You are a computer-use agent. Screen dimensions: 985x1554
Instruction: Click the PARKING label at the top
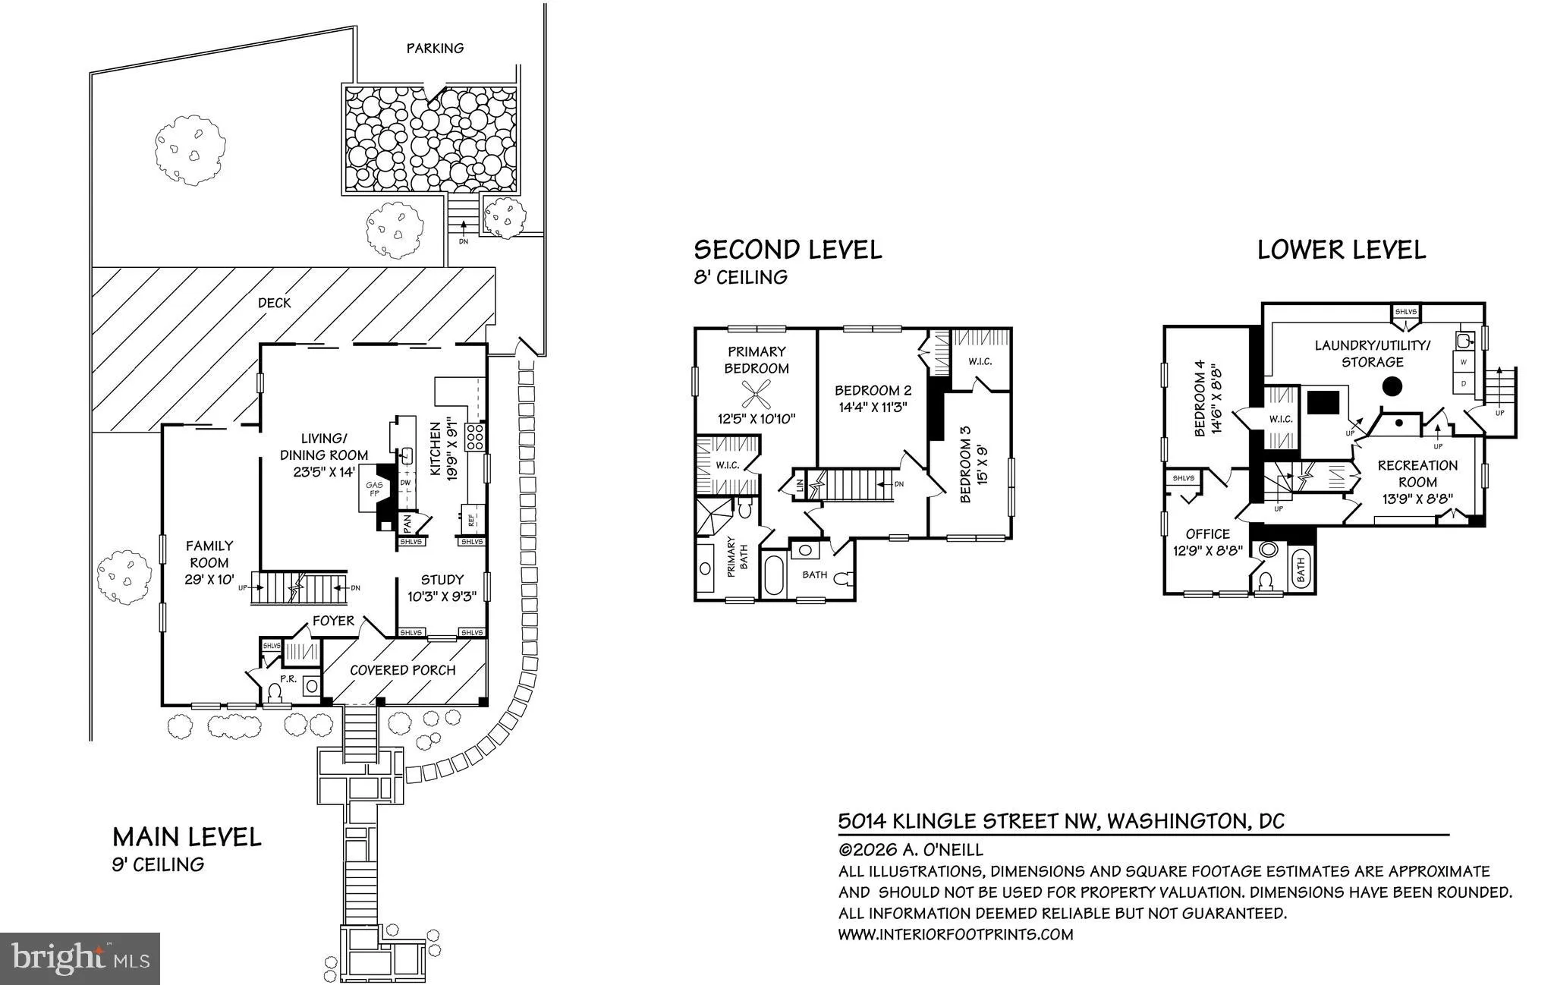[x=435, y=48]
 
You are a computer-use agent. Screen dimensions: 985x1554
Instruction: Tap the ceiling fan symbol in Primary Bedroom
[x=756, y=394]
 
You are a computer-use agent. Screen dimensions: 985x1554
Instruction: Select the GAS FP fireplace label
[x=374, y=489]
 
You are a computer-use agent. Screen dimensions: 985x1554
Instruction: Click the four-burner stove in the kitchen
[x=476, y=436]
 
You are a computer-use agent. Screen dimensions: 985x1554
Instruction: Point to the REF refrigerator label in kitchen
[x=472, y=521]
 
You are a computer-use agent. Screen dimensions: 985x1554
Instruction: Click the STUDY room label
[x=442, y=580]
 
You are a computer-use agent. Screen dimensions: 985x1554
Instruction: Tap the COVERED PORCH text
[x=402, y=670]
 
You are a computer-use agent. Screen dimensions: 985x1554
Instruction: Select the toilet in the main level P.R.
[x=274, y=691]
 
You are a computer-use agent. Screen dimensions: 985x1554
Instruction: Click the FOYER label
[x=333, y=621]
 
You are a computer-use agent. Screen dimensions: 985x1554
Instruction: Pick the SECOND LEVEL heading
[x=788, y=249]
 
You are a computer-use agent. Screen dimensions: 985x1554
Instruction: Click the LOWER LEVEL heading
[x=1342, y=249]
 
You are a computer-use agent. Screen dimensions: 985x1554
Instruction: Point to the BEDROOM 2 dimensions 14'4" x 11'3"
[x=873, y=407]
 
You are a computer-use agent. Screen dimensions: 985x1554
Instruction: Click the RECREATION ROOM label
[x=1417, y=474]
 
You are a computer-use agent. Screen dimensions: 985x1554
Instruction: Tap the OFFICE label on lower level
[x=1207, y=533]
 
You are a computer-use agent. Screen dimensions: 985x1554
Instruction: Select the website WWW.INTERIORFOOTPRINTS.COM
[x=955, y=934]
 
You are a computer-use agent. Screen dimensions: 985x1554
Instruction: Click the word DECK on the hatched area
[x=274, y=303]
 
